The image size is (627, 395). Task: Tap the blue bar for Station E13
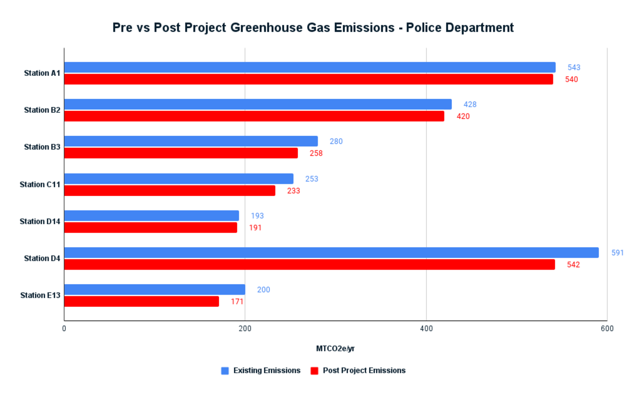(155, 289)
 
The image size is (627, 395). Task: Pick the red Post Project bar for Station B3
(181, 153)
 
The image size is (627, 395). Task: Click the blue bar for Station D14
(152, 216)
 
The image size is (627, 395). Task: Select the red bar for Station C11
(170, 191)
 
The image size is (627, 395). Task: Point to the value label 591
(618, 253)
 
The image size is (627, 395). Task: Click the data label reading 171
(237, 301)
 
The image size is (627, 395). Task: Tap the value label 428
(470, 104)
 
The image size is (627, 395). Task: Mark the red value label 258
(316, 154)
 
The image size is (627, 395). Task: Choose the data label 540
(572, 79)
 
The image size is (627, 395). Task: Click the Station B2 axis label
(42, 110)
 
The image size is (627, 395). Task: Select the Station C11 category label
(40, 184)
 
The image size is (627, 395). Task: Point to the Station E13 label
(40, 295)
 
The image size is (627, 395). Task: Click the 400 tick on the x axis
(426, 329)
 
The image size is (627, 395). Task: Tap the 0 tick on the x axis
(64, 329)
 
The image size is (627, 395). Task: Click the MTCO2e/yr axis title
(335, 348)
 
